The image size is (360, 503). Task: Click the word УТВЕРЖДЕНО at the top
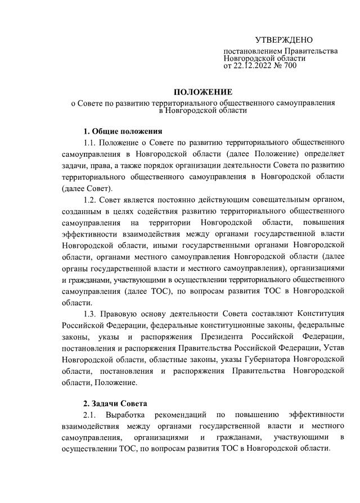coord(284,40)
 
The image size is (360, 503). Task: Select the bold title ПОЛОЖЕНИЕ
coord(202,92)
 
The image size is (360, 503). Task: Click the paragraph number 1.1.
coord(91,143)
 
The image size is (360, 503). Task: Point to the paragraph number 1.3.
coord(91,312)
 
